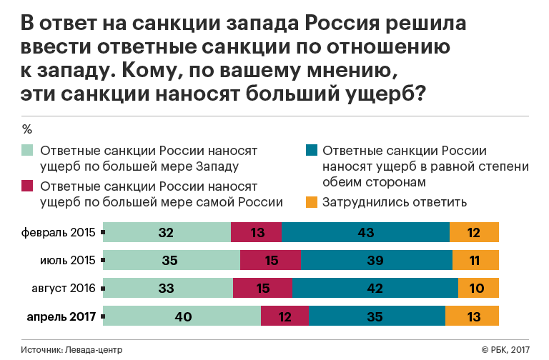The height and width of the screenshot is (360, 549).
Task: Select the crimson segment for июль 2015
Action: point(270,261)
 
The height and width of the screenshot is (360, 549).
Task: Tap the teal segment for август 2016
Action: point(375,289)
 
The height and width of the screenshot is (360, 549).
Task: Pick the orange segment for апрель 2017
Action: point(472,316)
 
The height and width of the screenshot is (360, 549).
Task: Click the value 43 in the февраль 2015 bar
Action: point(365,233)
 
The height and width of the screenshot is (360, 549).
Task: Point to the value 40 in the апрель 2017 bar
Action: point(183,316)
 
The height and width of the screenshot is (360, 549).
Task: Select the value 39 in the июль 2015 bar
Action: point(376,261)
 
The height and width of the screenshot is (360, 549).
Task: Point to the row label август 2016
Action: point(64,289)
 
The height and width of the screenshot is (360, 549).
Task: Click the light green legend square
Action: point(28,151)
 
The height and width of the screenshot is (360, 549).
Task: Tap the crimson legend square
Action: point(28,186)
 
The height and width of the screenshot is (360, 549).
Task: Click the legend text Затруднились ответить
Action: point(395,202)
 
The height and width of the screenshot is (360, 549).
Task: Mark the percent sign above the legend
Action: point(27,130)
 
